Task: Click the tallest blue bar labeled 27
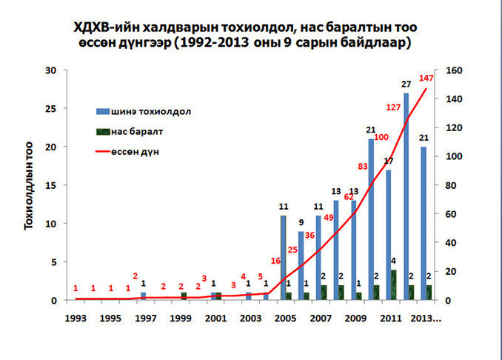point(406,196)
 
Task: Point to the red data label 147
point(426,79)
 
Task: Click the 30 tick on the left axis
point(51,70)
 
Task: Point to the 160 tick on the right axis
point(452,70)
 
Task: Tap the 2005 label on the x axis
point(284,318)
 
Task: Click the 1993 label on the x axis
point(75,318)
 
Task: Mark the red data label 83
point(363,166)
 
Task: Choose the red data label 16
point(275,261)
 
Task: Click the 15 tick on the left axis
point(51,185)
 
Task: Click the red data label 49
point(328,217)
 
